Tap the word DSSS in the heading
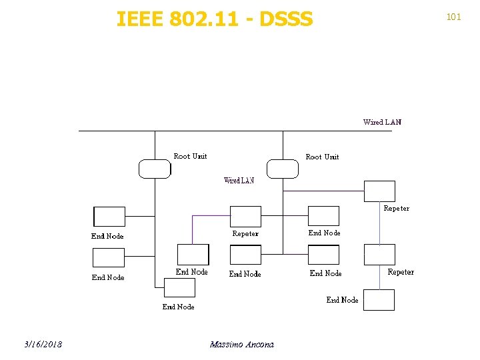coord(286,19)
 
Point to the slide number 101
coord(453,17)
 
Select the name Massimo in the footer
coord(225,344)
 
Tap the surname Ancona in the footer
coord(259,344)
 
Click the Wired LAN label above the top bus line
coord(382,122)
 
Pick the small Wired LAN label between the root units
coord(239,181)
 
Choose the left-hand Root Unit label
coord(190,156)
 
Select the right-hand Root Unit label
coord(322,157)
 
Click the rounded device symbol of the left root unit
coord(155,169)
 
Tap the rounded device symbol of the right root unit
coord(283,169)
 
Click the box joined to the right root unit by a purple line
coord(379,191)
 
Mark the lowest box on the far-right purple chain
coord(379,300)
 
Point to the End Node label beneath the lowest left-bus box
coord(178,307)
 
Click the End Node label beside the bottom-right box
coord(342,300)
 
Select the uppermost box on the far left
coord(109,217)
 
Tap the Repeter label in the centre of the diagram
coord(245,234)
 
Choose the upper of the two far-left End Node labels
coord(107,236)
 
